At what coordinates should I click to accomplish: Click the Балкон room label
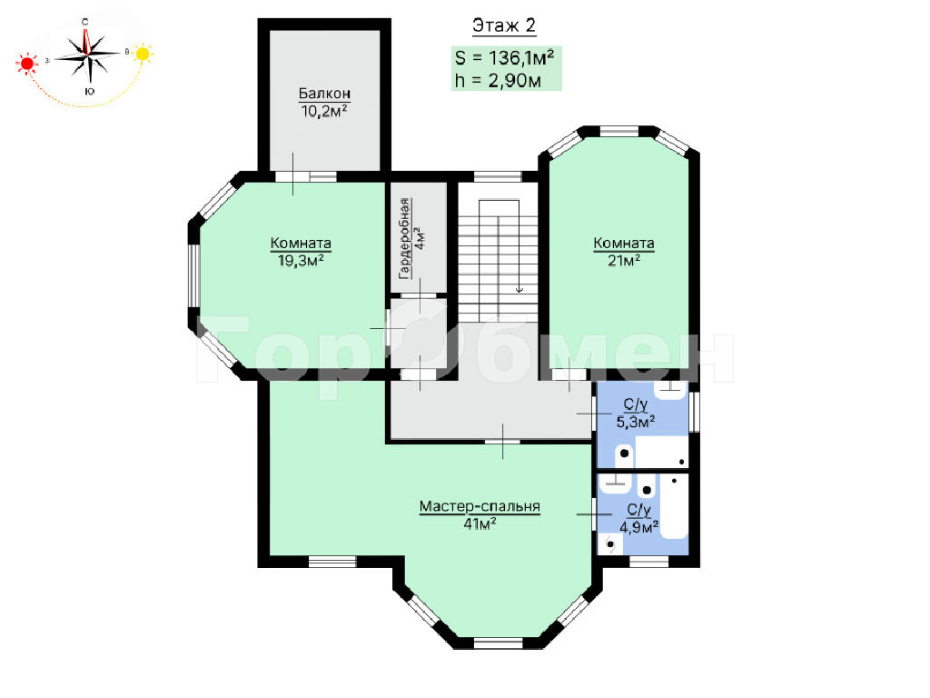[324, 94]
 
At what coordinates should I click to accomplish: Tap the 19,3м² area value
[301, 260]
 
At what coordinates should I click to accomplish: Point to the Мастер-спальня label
[480, 506]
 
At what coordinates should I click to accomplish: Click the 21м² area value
[624, 260]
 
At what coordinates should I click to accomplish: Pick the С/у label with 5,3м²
[635, 404]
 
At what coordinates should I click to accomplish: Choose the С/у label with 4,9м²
[639, 510]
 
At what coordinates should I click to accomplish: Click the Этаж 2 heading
[503, 25]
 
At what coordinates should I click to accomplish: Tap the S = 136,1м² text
[505, 57]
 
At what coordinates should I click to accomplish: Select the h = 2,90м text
[499, 80]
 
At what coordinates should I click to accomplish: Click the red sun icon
[26, 64]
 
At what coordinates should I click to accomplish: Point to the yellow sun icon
[143, 54]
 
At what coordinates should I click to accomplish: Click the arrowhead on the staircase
[519, 289]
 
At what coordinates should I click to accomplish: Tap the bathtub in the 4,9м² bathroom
[675, 506]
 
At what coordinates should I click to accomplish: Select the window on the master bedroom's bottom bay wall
[499, 643]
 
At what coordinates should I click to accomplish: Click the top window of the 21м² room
[619, 131]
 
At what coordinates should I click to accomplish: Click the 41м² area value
[480, 523]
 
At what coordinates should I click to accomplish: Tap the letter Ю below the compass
[89, 92]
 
